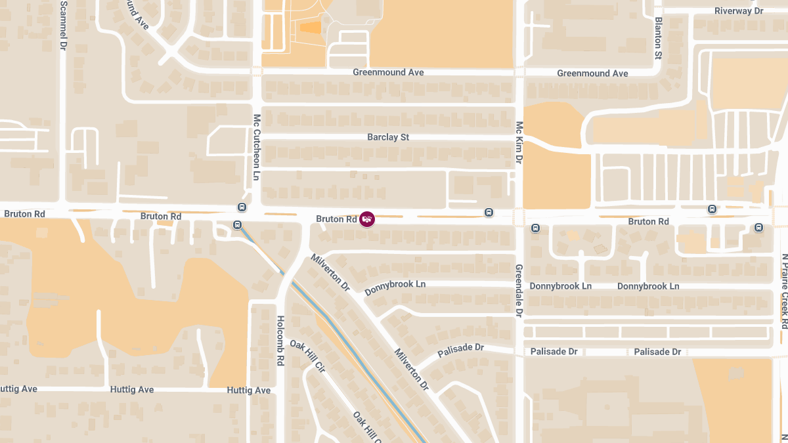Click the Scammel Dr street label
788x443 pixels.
(x=64, y=26)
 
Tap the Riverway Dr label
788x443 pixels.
(x=739, y=11)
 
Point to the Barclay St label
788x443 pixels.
(x=388, y=137)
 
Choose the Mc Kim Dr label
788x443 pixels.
(x=519, y=142)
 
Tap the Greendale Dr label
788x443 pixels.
(x=519, y=291)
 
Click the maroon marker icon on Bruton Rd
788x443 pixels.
(x=367, y=219)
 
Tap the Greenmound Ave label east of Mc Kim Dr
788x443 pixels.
(x=592, y=74)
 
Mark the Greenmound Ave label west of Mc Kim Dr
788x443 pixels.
(x=388, y=72)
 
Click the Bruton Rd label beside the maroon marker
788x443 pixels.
(x=336, y=219)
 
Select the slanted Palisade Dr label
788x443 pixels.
(x=460, y=350)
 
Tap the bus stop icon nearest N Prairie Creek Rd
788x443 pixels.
(x=759, y=228)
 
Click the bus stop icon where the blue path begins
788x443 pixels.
(x=237, y=225)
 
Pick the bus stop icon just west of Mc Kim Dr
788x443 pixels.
(x=489, y=212)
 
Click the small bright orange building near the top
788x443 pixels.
(x=311, y=27)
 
